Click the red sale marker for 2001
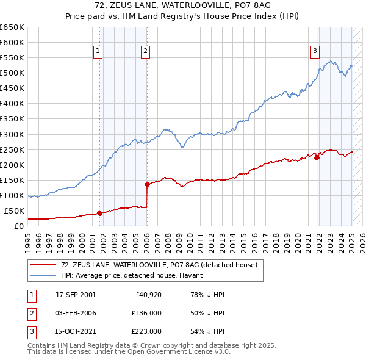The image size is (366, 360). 99,213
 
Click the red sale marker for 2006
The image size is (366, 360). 147,184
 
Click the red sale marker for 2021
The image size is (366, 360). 317,157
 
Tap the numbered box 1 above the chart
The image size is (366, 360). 98,52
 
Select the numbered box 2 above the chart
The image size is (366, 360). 146,52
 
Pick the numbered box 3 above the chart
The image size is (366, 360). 315,52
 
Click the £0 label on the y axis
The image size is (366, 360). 18,226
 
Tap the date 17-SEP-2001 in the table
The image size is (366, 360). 76,295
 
